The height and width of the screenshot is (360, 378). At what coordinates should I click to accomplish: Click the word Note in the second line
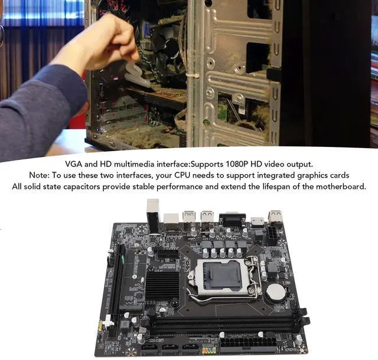(39, 175)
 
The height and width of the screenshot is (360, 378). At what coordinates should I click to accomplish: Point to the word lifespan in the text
(285, 186)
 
